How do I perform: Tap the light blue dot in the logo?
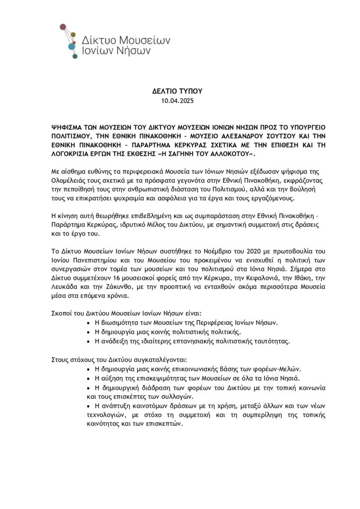click(x=71, y=47)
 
